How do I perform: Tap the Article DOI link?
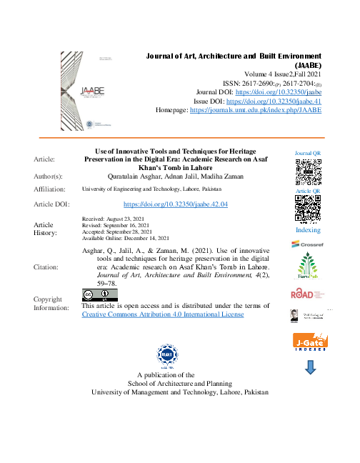[x=175, y=204]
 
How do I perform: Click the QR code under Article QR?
[x=308, y=209]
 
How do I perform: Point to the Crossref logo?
[x=308, y=245]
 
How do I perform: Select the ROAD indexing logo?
[x=308, y=294]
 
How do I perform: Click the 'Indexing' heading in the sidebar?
[x=308, y=230]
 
